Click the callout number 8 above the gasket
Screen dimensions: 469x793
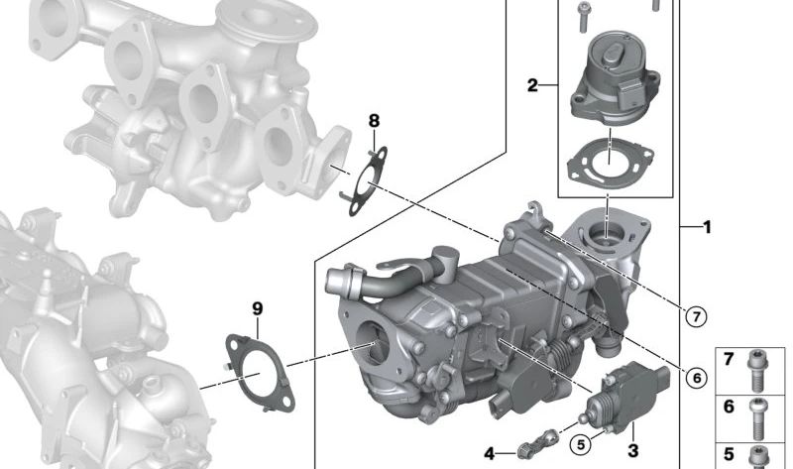tap(374, 121)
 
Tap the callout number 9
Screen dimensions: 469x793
tap(258, 309)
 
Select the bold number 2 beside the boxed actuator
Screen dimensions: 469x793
tap(532, 86)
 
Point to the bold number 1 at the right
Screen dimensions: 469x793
tap(707, 227)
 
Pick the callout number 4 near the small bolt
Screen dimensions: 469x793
tap(489, 454)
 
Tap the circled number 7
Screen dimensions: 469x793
tap(697, 316)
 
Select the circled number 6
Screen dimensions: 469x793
tap(696, 377)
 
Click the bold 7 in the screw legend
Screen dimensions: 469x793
tap(728, 359)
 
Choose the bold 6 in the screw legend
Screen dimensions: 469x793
tap(728, 406)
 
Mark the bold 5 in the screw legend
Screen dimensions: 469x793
tap(728, 453)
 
